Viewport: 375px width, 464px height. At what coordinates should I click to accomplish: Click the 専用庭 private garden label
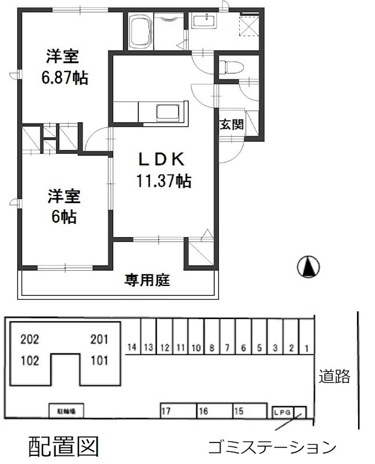[x=146, y=281]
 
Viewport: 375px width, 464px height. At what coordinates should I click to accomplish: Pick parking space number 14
[x=132, y=347]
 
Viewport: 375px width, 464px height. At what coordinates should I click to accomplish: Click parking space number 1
[x=307, y=347]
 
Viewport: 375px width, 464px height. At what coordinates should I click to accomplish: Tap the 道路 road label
[x=334, y=377]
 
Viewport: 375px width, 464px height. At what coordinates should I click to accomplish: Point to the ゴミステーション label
[x=272, y=447]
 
